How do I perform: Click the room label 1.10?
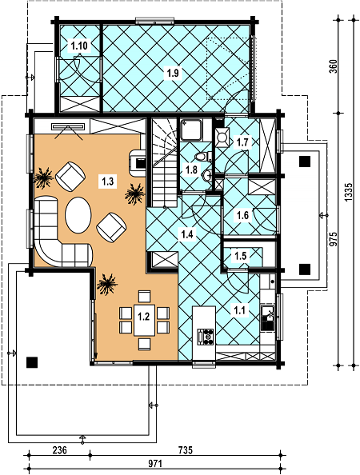[x=79, y=46]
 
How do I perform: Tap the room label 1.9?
[x=173, y=73]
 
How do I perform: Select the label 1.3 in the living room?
[x=107, y=182]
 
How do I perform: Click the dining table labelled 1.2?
[x=145, y=320]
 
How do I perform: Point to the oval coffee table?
[x=78, y=215]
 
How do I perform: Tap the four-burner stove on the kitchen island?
[x=206, y=337]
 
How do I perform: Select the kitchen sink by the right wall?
[x=268, y=317]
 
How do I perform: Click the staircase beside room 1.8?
[x=164, y=162]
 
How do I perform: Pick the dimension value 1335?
[x=349, y=192]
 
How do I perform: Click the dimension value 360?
[x=333, y=66]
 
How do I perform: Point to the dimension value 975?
[x=333, y=240]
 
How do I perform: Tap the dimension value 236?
[x=59, y=450]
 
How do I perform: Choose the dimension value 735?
[x=185, y=450]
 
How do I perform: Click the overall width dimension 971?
[x=155, y=464]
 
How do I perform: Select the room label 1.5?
[x=240, y=256]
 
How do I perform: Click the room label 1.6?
[x=242, y=215]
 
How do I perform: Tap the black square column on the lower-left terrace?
[x=32, y=362]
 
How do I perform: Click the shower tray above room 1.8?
[x=191, y=130]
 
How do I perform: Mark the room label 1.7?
[x=242, y=142]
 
